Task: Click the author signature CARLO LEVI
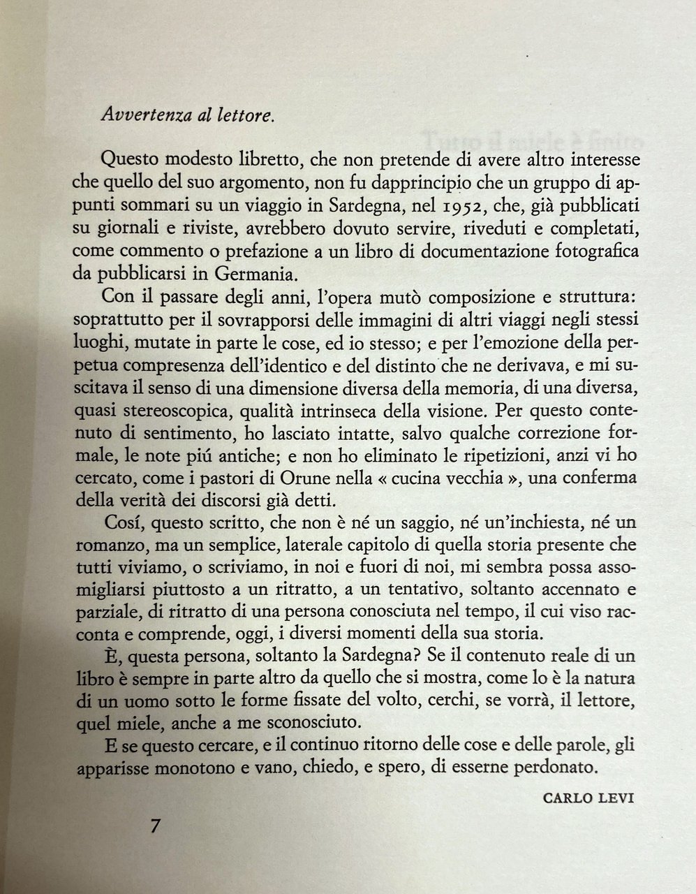point(588,797)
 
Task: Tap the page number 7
point(156,826)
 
